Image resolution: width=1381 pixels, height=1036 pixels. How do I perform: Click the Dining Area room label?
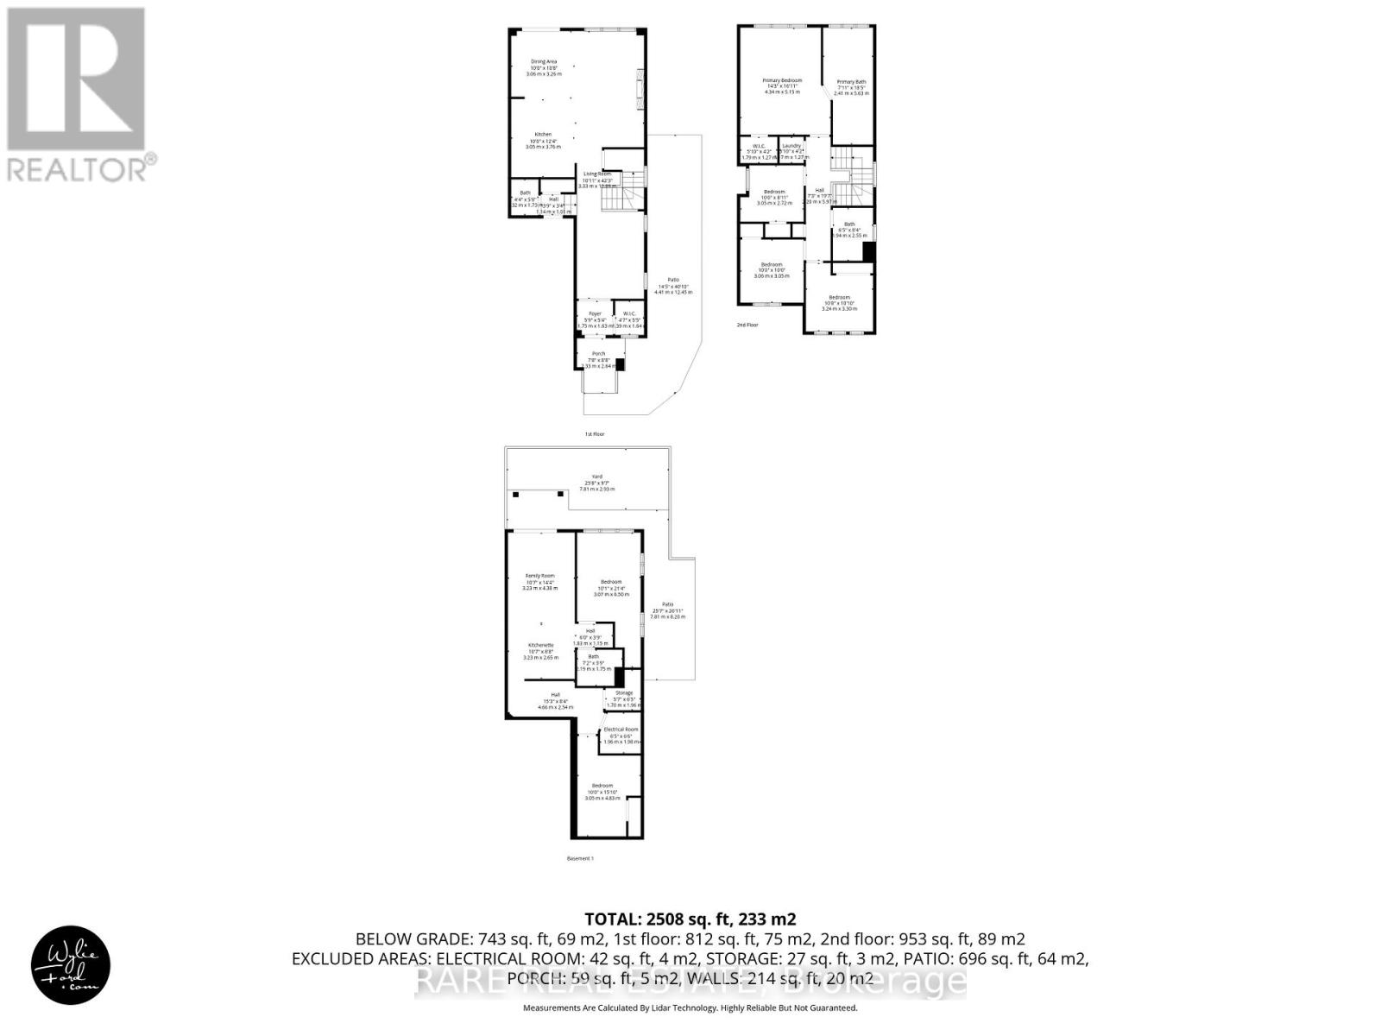[544, 61]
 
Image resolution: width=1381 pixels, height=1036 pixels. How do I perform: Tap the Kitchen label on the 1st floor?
[543, 134]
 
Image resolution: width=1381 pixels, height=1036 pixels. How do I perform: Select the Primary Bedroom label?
[782, 80]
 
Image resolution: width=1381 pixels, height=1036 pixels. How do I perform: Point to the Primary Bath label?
[851, 82]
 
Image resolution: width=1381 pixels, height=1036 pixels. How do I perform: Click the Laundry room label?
[791, 146]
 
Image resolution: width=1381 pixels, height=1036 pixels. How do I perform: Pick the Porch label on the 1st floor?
[598, 353]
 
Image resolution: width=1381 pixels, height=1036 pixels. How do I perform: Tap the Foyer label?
[595, 313]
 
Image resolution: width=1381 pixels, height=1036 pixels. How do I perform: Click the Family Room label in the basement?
[540, 576]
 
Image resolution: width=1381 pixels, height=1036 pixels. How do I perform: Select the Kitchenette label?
[541, 645]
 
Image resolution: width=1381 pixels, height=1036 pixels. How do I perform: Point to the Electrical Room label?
[621, 730]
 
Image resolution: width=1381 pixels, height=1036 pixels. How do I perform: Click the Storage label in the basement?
[623, 692]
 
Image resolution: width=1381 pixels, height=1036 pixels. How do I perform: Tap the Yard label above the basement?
[596, 476]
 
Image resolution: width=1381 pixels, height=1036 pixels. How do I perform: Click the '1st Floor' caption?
[595, 434]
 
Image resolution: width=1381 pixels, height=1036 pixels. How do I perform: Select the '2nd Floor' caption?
[747, 325]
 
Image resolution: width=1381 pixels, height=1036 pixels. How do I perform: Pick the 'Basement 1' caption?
[581, 858]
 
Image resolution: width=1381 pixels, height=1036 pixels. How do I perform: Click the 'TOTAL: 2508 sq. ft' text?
[690, 919]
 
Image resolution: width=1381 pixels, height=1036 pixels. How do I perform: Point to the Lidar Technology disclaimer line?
[690, 1008]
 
